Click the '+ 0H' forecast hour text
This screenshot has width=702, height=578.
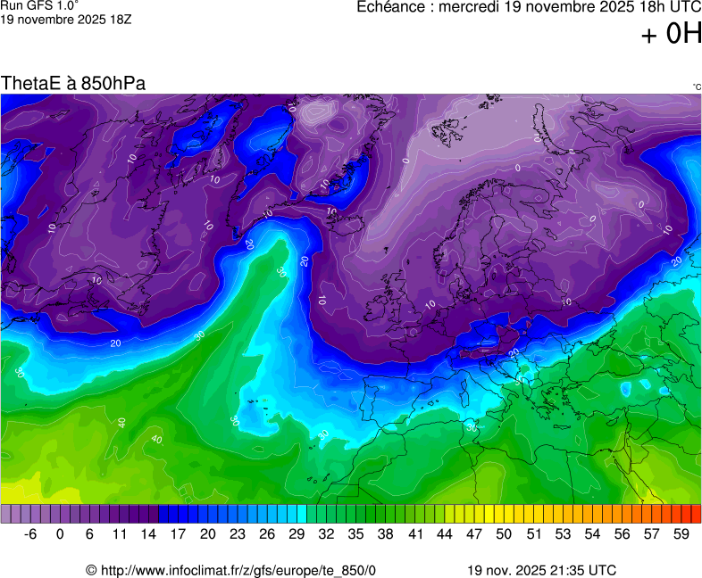pyautogui.click(x=672, y=35)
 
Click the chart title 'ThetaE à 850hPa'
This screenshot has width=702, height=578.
pyautogui.click(x=73, y=84)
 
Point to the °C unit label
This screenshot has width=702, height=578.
pyautogui.click(x=696, y=87)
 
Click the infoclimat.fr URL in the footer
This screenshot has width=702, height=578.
pyautogui.click(x=230, y=570)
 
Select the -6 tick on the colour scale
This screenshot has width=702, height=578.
pyautogui.click(x=30, y=534)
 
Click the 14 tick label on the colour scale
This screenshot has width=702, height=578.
pyautogui.click(x=148, y=534)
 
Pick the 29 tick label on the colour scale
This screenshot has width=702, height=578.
pyautogui.click(x=297, y=534)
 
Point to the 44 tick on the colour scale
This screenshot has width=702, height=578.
pyautogui.click(x=444, y=534)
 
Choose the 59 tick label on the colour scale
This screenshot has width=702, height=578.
pyautogui.click(x=681, y=534)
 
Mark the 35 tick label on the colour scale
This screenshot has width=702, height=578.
pyautogui.click(x=355, y=534)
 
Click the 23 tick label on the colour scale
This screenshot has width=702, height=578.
pyautogui.click(x=237, y=534)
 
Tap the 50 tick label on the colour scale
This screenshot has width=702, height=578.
pyautogui.click(x=503, y=534)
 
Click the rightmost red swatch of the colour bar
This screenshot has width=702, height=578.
pyautogui.click(x=697, y=514)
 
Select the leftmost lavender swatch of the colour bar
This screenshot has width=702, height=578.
pyautogui.click(x=6, y=514)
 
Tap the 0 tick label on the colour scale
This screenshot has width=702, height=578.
pyautogui.click(x=60, y=534)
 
